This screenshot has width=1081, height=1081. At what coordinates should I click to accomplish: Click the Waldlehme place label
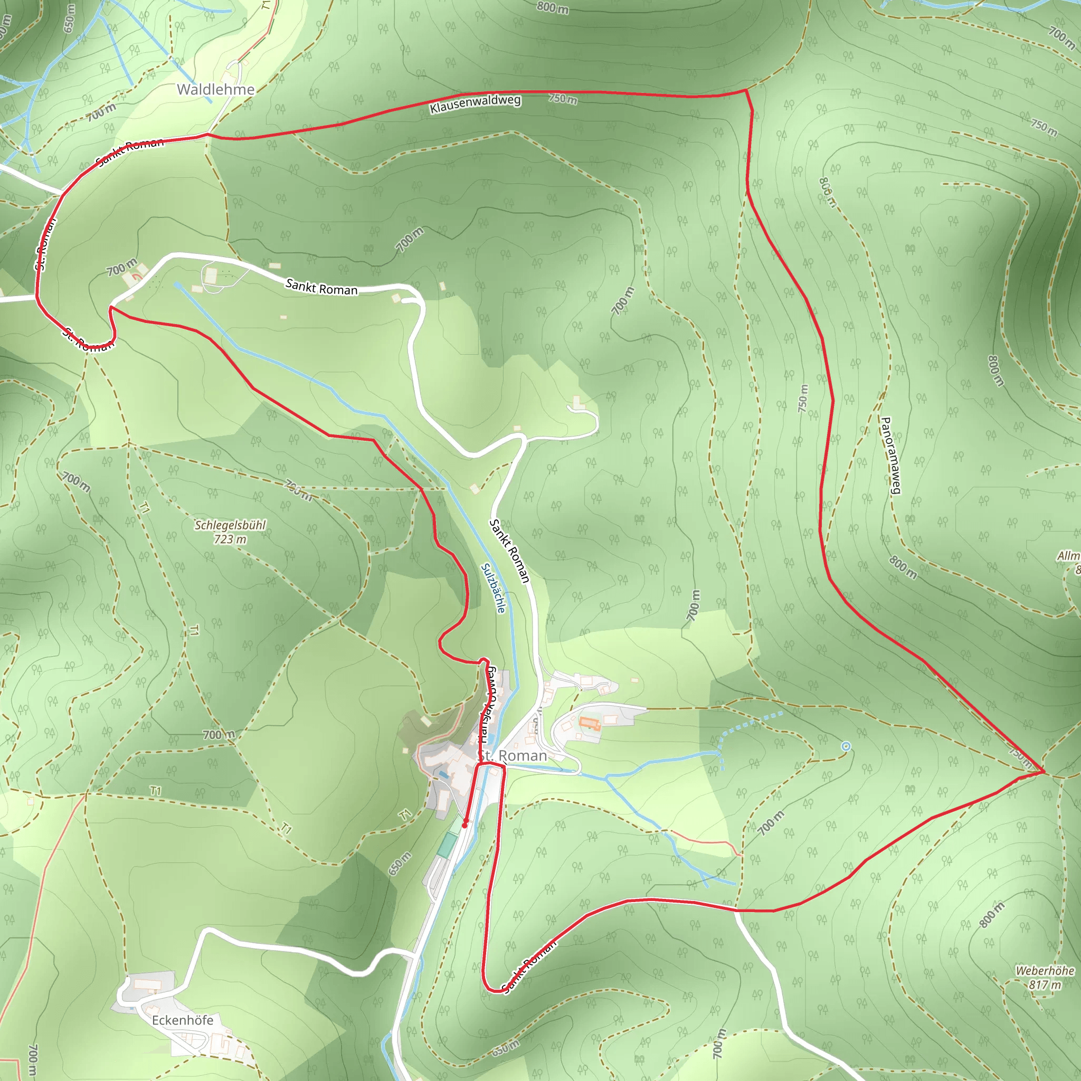coord(215,90)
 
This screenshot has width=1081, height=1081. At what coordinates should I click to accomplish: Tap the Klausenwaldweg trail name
coord(475,103)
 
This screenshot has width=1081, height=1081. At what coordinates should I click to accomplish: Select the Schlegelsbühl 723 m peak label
coord(230,532)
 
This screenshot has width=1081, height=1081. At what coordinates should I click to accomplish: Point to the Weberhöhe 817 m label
coord(1045,977)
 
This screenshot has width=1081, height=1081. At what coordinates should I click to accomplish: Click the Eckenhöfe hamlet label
coord(183,1020)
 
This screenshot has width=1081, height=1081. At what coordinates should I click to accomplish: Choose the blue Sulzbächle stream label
coord(494,587)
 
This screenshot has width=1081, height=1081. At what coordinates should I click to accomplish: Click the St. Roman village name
coord(512,756)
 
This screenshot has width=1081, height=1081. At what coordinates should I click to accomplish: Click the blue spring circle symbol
coord(846,746)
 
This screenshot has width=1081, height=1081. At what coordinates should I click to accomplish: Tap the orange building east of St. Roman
coord(590,724)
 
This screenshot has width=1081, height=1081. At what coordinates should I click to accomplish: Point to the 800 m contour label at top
coord(552,8)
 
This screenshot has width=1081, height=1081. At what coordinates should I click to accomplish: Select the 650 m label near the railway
coord(400,864)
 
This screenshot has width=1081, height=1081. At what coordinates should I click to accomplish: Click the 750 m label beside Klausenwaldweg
coord(562,99)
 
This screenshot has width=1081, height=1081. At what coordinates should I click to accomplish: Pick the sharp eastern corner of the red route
coord(1044,772)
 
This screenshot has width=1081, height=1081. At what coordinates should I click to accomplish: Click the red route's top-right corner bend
coord(746,90)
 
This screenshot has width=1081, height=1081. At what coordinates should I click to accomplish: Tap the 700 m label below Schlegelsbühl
coord(219,735)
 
